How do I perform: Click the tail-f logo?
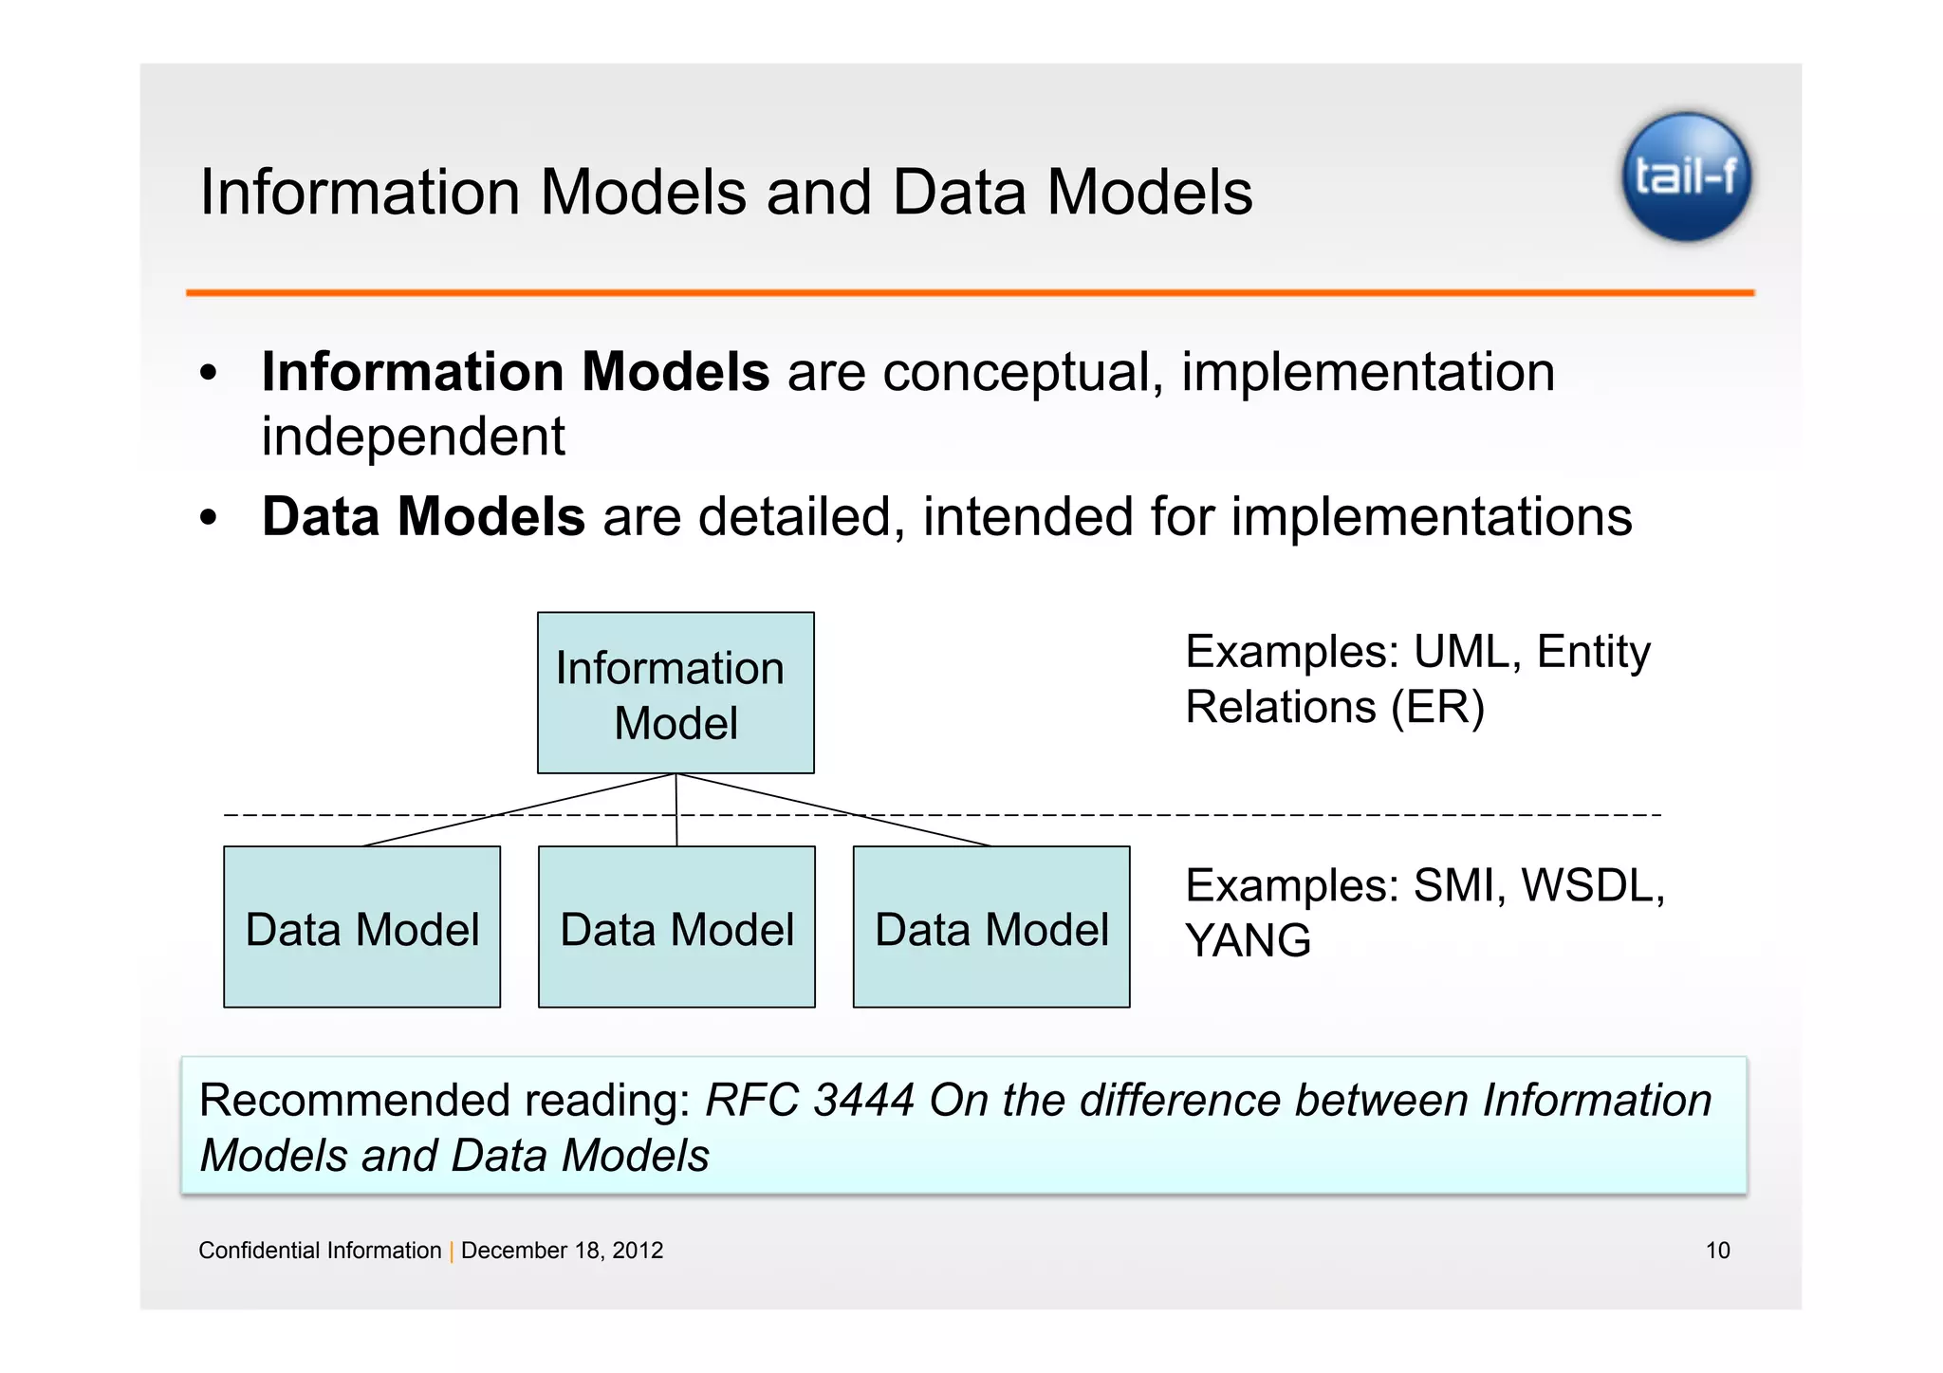[x=1686, y=177]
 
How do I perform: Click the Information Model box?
[x=675, y=694]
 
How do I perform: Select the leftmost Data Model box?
[x=361, y=927]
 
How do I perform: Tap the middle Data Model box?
[x=676, y=927]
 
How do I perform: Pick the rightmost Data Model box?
[x=991, y=927]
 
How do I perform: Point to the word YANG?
[x=1248, y=941]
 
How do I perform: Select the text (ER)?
[x=1437, y=708]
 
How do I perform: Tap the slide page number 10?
[x=1717, y=1251]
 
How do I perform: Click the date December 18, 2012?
[x=562, y=1251]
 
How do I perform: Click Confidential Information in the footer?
[x=320, y=1251]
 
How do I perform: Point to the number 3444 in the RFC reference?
[x=863, y=1102]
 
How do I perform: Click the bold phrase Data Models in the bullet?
[x=423, y=517]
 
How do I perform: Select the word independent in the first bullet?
[x=413, y=437]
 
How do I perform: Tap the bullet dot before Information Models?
[x=209, y=373]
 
